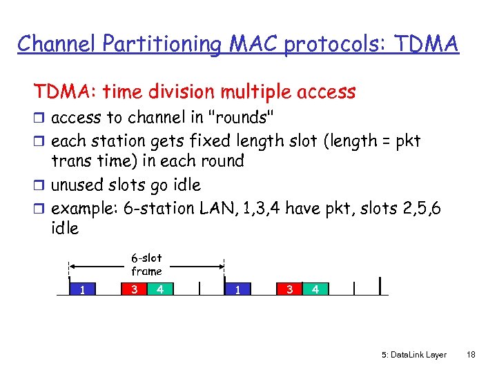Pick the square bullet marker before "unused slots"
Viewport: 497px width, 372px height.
[x=40, y=185]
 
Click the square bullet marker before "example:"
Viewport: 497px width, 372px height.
[x=40, y=209]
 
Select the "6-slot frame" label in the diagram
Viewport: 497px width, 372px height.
[x=146, y=265]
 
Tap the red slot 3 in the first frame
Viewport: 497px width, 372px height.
[x=134, y=289]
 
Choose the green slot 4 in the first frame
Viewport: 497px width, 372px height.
[x=159, y=289]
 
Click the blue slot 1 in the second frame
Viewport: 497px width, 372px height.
[x=237, y=289]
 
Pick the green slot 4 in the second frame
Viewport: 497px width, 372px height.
[x=315, y=289]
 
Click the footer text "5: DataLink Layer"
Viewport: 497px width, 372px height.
[x=413, y=355]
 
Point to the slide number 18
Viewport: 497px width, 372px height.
[x=471, y=355]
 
